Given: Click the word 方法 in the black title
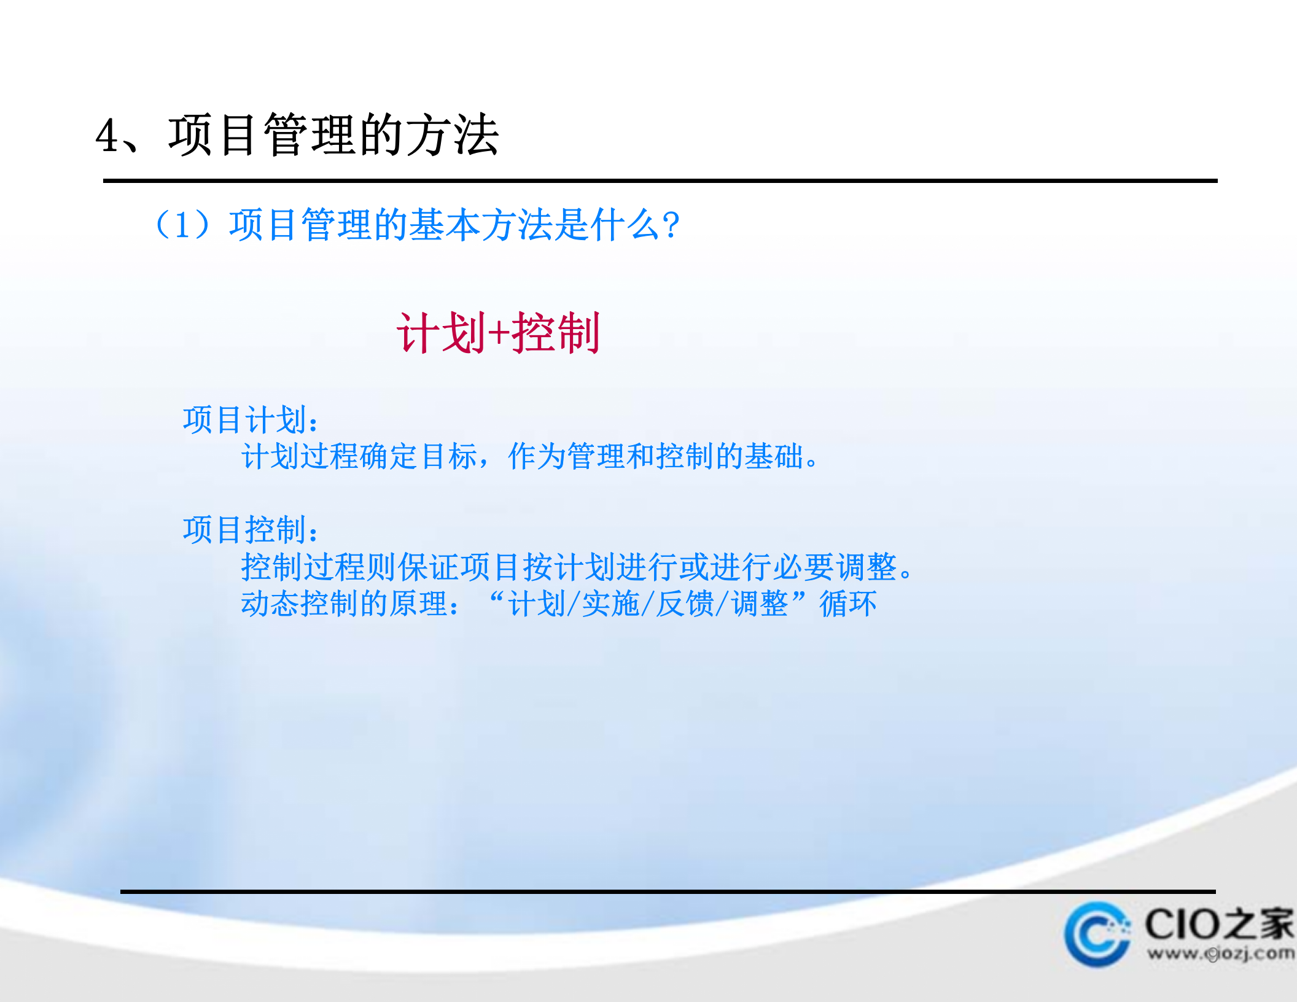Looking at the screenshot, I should pos(452,135).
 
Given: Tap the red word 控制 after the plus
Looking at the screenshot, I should pos(556,333).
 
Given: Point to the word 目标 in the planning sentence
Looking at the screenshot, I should pos(450,457).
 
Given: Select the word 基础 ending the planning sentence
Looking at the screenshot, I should pos(774,457).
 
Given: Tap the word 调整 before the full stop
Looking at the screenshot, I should pos(866,567).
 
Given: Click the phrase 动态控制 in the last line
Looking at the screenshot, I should pos(300,604).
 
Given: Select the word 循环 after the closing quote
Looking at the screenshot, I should pos(848,604).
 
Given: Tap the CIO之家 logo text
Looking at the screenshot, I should pos(1218,924).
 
